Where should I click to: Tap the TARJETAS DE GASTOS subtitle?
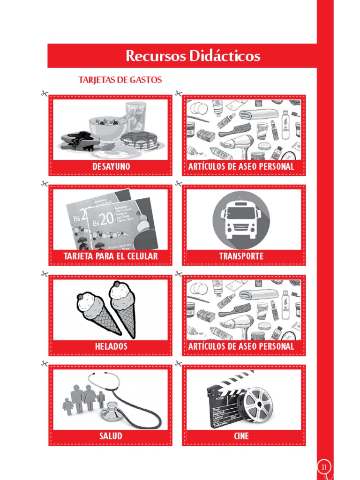click(120, 80)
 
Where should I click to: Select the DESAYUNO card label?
click(111, 166)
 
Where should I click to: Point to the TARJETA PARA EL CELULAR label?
click(111, 256)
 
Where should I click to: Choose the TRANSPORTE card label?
click(241, 256)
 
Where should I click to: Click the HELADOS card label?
click(111, 346)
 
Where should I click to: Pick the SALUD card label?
click(111, 436)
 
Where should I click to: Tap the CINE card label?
click(241, 436)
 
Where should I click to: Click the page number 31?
click(324, 467)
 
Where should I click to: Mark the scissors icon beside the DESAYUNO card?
click(44, 94)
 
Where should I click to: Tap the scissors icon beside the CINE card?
click(178, 363)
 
